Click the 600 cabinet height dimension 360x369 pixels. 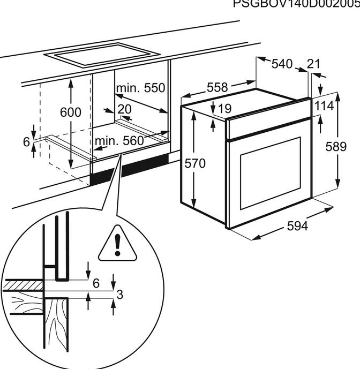(x=71, y=112)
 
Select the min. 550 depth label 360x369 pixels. (x=140, y=88)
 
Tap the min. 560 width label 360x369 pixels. (x=119, y=141)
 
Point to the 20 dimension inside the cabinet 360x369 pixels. (x=124, y=109)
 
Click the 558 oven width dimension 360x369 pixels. (x=217, y=87)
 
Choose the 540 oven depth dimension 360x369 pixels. (x=282, y=64)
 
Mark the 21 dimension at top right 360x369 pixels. (x=313, y=64)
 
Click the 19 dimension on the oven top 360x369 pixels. (x=225, y=108)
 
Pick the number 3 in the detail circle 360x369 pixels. (x=121, y=294)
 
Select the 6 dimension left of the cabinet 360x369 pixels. (x=26, y=141)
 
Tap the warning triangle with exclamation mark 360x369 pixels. (x=117, y=244)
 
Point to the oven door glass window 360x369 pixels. (x=270, y=172)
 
